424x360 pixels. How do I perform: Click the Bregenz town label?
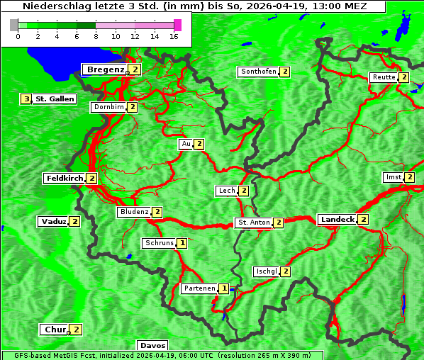point(106,69)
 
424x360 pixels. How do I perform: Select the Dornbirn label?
point(108,107)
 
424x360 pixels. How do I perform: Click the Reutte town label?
point(384,77)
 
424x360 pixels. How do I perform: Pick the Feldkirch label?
point(65,179)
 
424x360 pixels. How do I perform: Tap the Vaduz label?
point(54,221)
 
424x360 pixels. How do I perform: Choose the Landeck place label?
point(337,220)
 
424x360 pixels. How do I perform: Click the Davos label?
point(152,346)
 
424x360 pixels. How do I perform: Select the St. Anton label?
point(254,223)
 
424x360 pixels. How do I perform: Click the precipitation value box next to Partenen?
point(224,288)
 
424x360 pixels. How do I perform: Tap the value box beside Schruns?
point(182,243)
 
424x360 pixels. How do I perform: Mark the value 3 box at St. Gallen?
point(26,99)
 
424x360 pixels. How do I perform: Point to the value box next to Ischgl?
point(286,271)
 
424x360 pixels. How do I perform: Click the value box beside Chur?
point(77,330)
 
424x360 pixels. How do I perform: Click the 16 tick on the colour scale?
point(174,36)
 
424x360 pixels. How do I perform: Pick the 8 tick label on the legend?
point(95,36)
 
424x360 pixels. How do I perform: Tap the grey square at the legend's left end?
point(14,25)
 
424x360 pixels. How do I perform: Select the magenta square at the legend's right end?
point(177,25)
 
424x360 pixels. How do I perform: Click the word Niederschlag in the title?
point(51,6)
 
